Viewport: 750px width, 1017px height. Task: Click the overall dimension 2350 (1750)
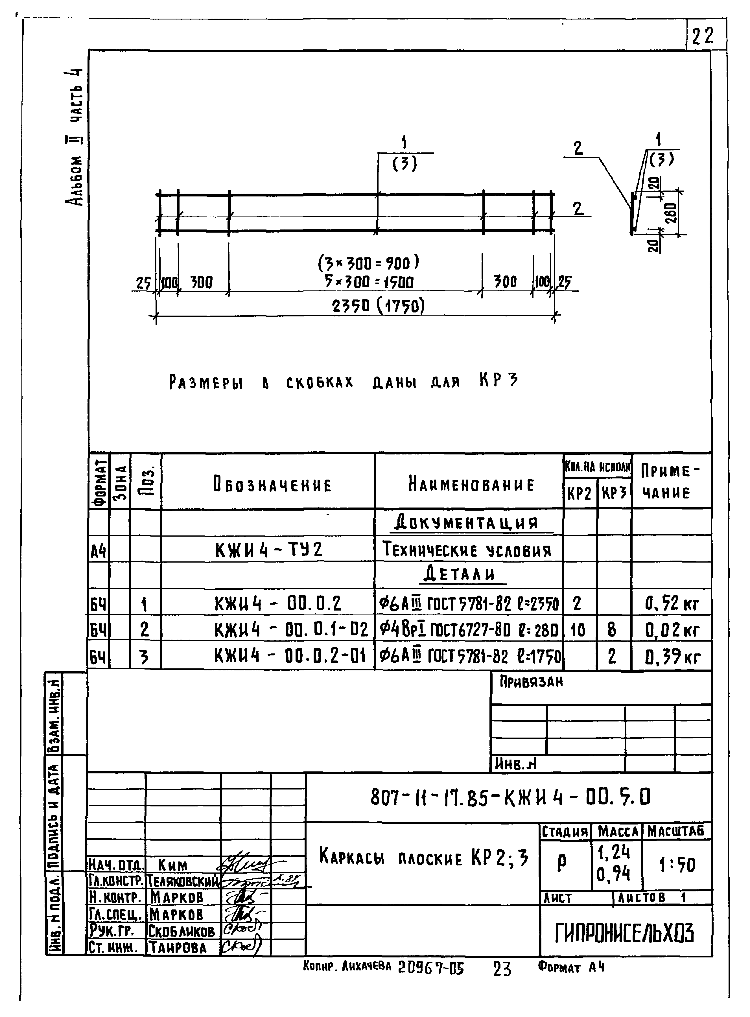378,307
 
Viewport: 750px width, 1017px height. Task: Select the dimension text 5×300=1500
369,282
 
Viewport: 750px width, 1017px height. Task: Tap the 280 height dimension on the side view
672,213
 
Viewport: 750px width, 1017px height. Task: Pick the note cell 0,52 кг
672,604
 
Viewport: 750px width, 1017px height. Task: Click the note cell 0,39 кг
672,657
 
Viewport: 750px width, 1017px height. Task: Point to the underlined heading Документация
466,523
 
